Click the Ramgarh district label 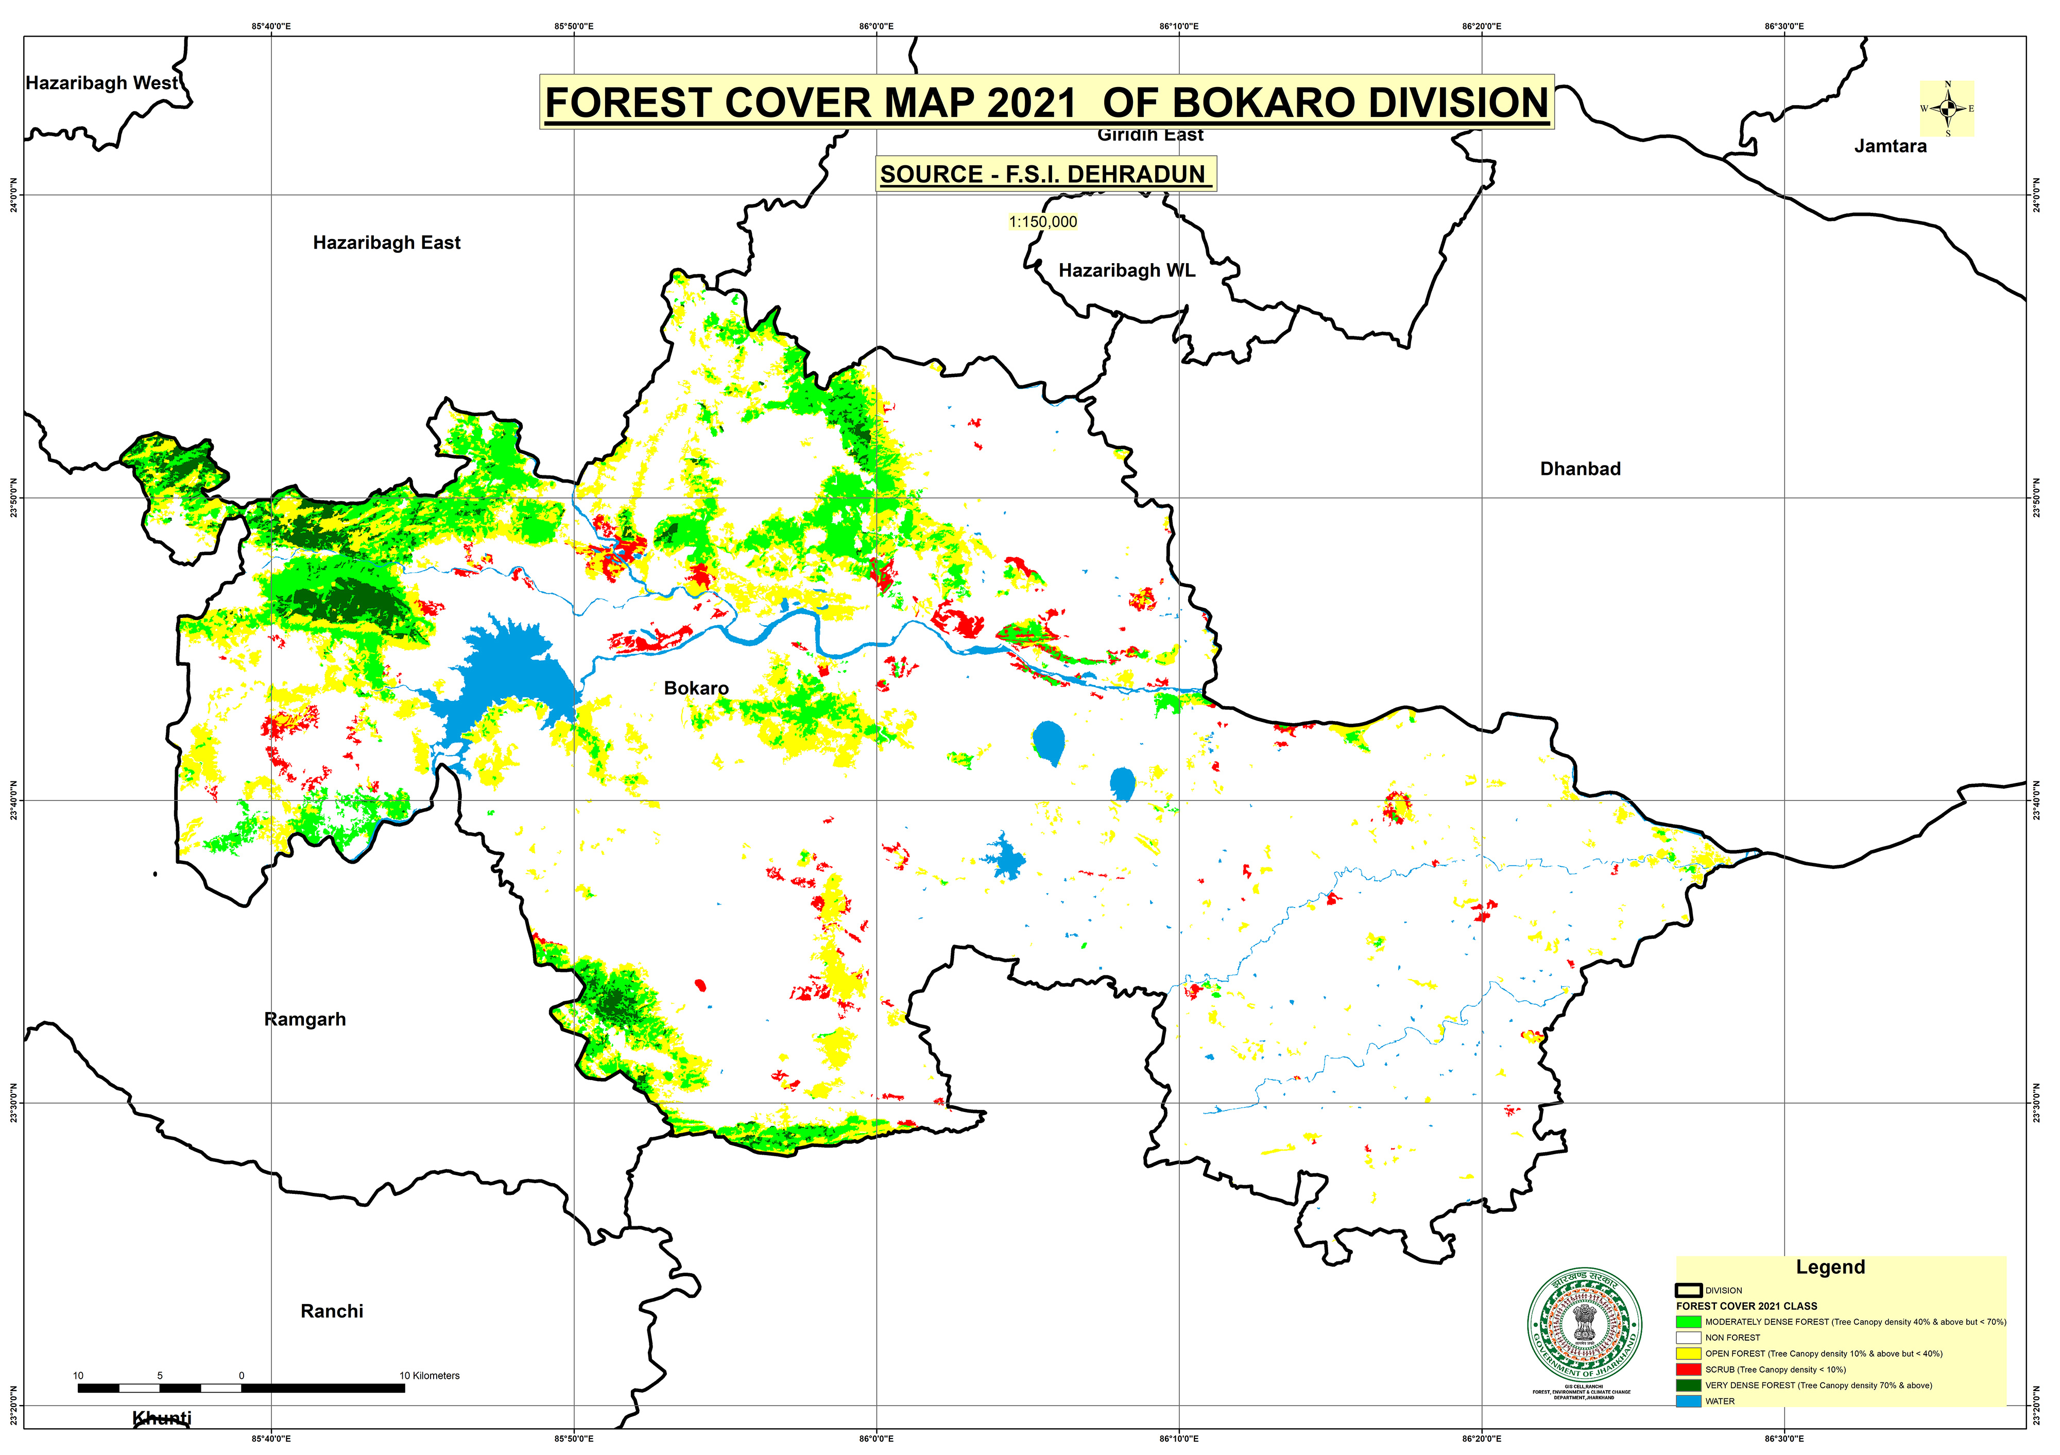point(304,1019)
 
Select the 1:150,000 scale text point(1042,221)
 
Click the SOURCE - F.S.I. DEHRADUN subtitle point(1042,174)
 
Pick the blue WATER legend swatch point(1688,1401)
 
